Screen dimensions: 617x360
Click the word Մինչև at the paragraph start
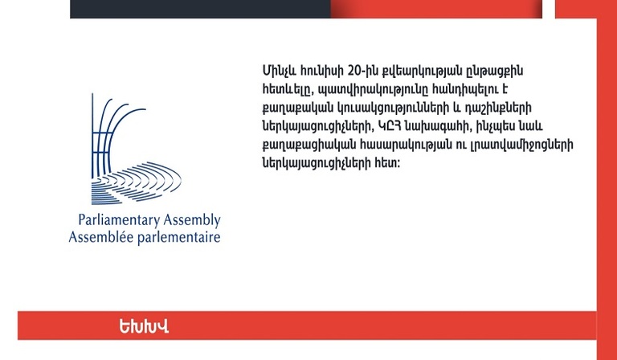click(279, 72)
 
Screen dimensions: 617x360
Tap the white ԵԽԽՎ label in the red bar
click(144, 326)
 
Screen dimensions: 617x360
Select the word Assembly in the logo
click(192, 220)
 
